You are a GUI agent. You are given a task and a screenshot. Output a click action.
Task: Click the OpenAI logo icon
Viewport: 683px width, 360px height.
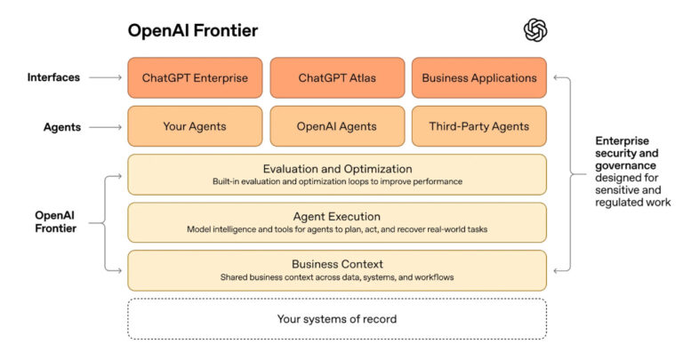(535, 30)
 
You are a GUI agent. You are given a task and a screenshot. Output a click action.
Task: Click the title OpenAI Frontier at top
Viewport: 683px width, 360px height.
(193, 31)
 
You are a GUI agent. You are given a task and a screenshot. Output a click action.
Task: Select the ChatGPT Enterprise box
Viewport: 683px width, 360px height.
(195, 77)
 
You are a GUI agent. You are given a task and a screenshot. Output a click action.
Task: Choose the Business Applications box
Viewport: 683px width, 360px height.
(478, 77)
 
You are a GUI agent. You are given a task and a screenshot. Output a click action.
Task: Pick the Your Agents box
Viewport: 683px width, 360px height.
(195, 126)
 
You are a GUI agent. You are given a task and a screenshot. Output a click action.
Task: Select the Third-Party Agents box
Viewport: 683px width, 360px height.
(478, 126)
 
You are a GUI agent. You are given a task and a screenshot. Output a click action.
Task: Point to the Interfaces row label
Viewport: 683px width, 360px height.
(52, 77)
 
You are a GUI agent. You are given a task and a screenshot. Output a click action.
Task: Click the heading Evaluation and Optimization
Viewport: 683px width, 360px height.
(336, 168)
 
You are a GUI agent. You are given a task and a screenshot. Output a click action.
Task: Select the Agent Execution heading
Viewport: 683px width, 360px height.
(336, 216)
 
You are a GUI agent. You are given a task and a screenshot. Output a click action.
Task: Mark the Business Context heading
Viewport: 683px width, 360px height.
(336, 264)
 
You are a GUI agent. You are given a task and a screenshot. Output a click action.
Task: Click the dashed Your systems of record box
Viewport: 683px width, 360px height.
(336, 318)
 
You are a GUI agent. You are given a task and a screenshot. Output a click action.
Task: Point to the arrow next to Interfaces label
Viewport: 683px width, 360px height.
(105, 77)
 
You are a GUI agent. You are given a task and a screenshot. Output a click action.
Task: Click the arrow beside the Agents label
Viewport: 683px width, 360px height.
(105, 126)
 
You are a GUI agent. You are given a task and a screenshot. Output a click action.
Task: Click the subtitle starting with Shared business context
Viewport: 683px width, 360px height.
(336, 277)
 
